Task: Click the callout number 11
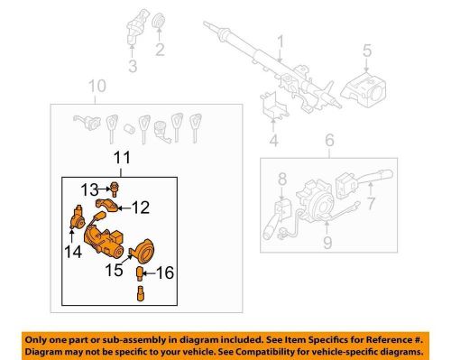(123, 158)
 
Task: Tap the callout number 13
(89, 190)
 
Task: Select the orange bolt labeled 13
(115, 189)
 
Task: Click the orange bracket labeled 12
(106, 205)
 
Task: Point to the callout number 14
(73, 252)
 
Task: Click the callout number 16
(165, 272)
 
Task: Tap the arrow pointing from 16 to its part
(149, 273)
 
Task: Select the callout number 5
(367, 51)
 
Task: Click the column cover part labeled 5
(364, 89)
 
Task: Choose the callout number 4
(273, 141)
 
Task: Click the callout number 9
(327, 243)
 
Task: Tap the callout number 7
(371, 203)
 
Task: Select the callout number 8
(282, 179)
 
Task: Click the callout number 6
(329, 141)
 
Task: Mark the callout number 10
(97, 86)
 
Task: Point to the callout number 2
(160, 50)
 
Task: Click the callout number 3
(133, 66)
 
